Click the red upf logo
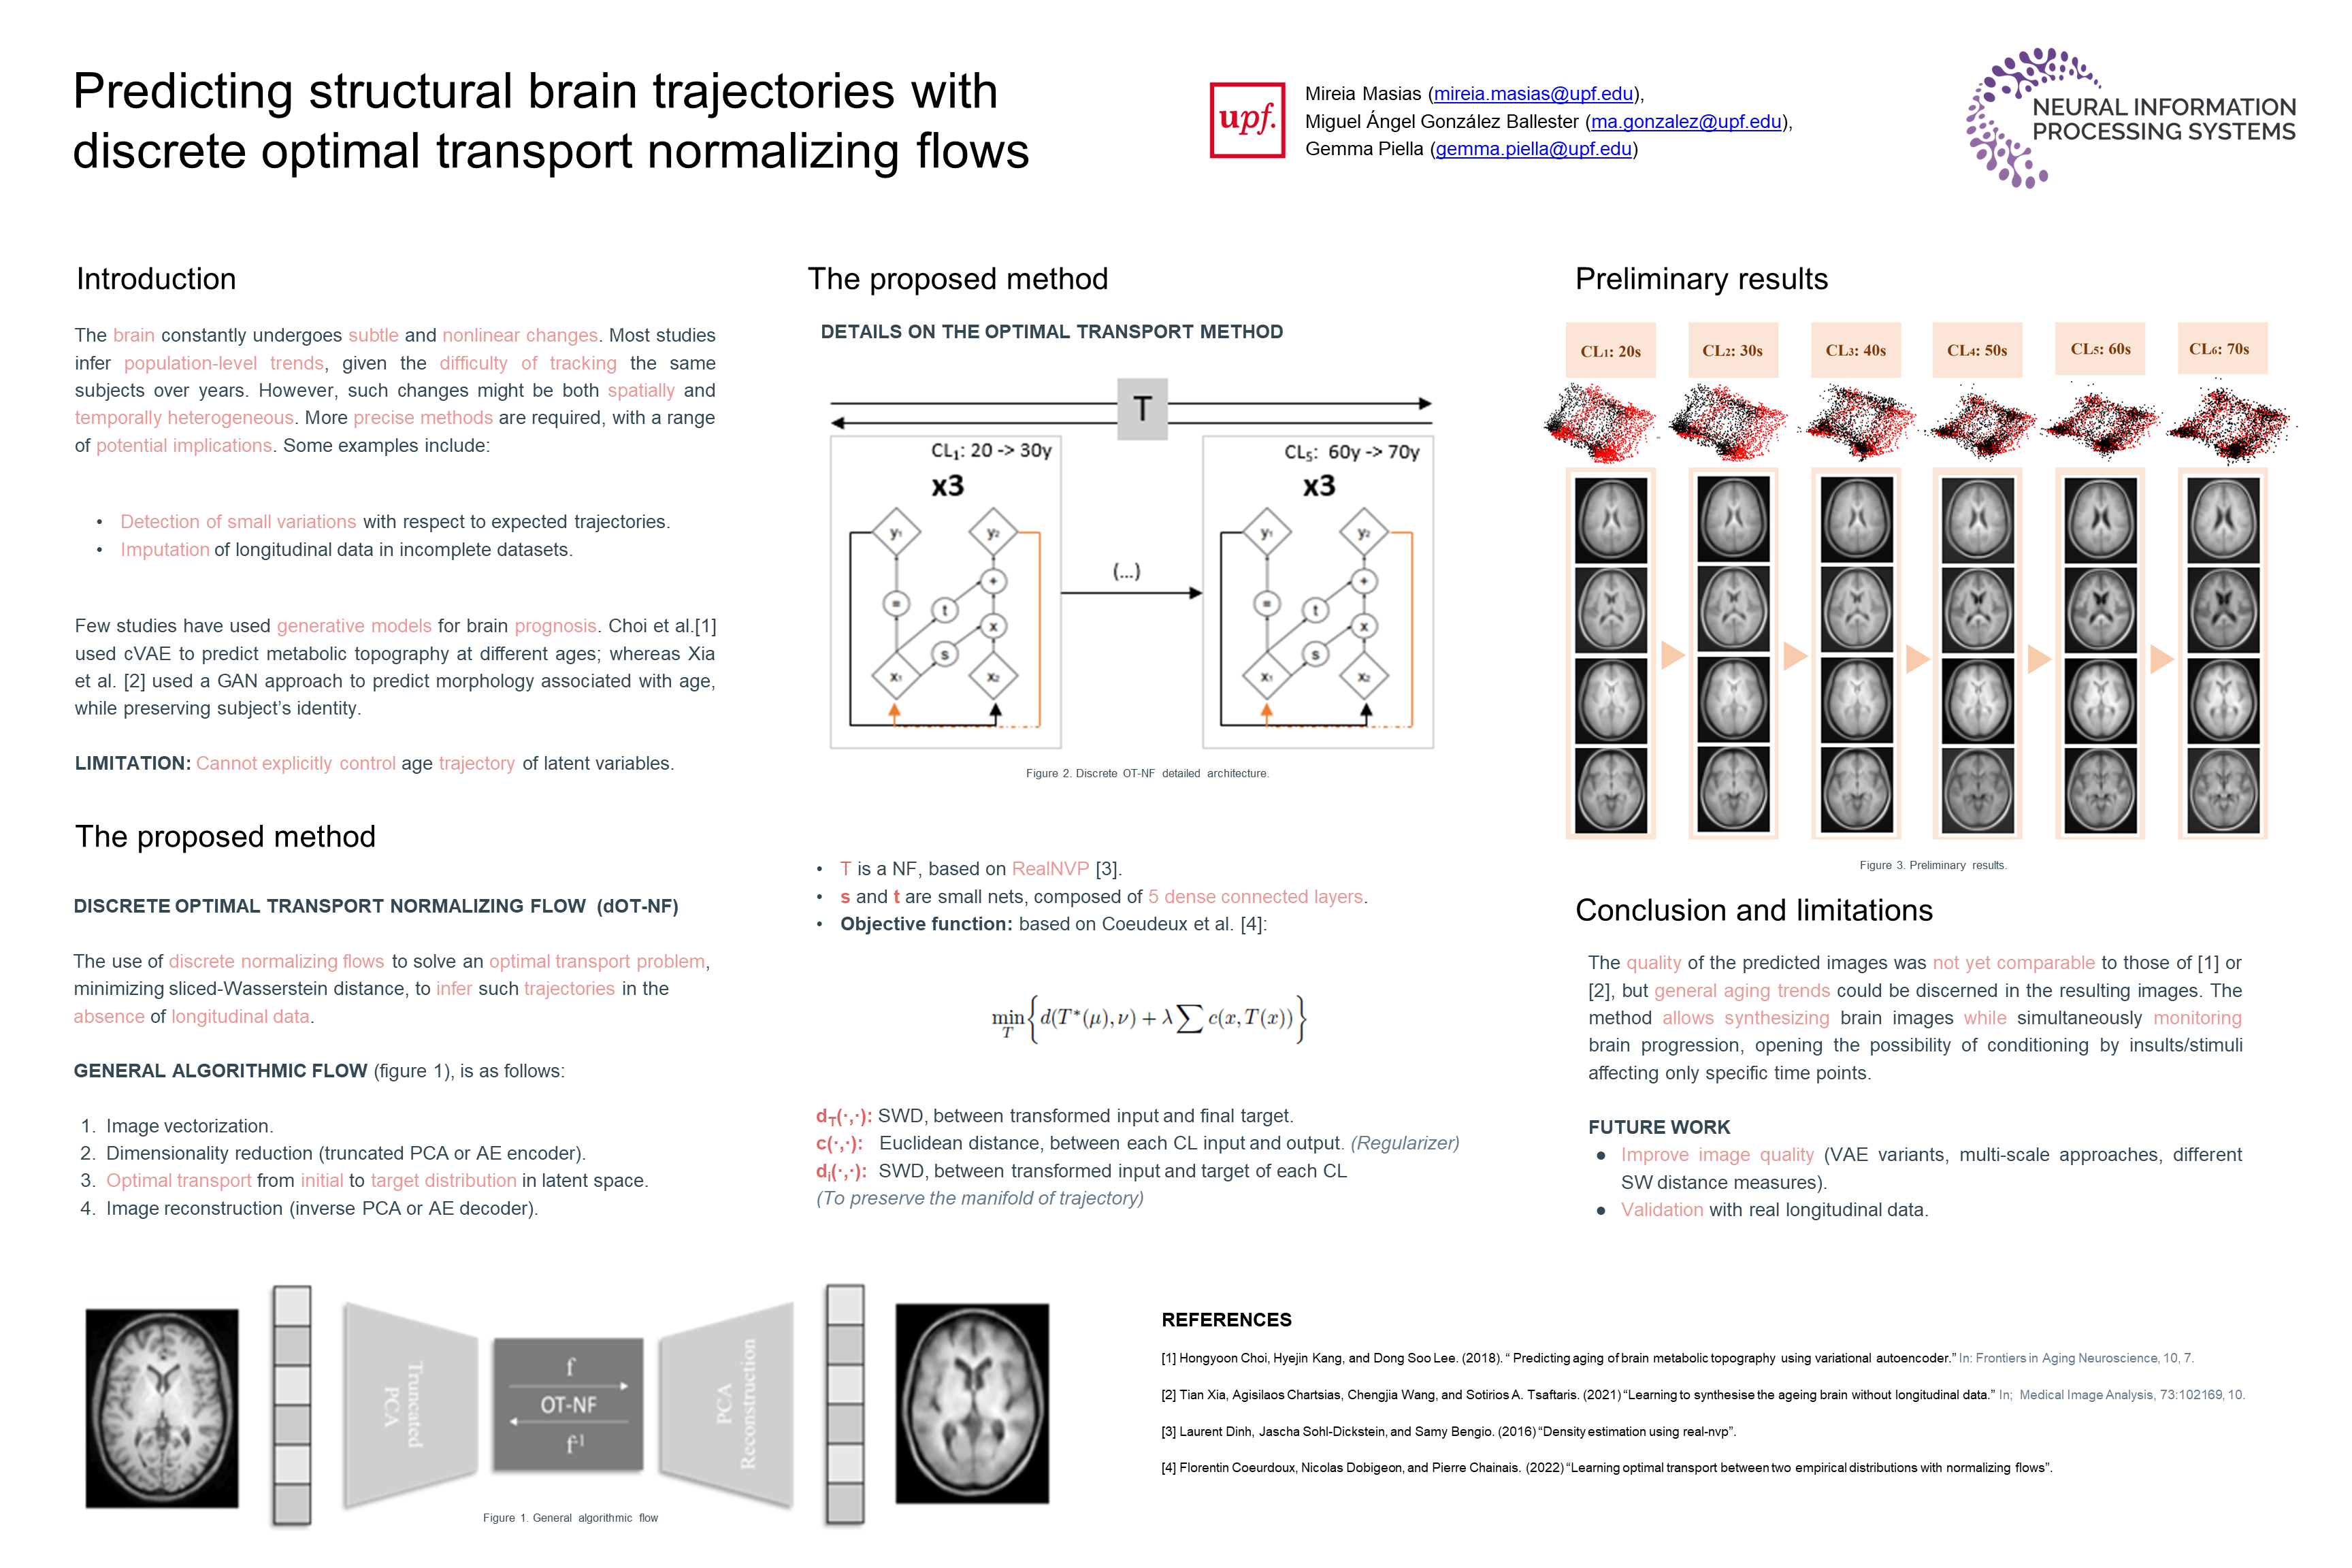[x=1247, y=120]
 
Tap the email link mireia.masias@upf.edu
[x=1533, y=94]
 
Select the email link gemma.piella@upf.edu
[x=1533, y=149]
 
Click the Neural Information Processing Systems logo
[x=2130, y=118]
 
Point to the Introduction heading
[x=156, y=279]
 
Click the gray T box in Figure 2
[x=1142, y=408]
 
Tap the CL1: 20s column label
[x=1610, y=351]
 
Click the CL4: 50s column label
[x=1977, y=350]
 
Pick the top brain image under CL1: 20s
[x=1610, y=519]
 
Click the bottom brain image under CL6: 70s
[x=2222, y=790]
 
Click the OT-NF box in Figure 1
[x=568, y=1405]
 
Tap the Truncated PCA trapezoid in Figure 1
[x=409, y=1404]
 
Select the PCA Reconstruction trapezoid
[x=727, y=1404]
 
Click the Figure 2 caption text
[x=1147, y=773]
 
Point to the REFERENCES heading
[x=1226, y=1320]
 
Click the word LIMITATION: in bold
[x=132, y=763]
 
